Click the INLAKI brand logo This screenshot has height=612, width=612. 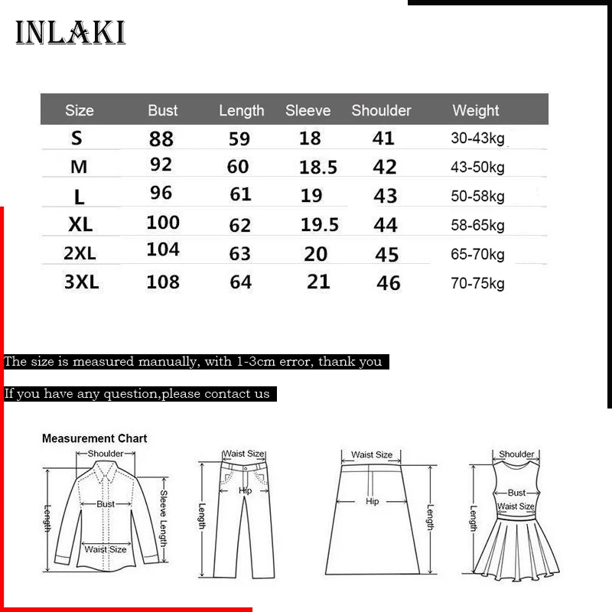[70, 33]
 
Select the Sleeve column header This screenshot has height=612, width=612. [308, 110]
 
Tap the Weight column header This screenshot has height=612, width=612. [475, 110]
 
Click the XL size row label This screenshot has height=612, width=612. [80, 225]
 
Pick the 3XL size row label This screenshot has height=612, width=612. [82, 282]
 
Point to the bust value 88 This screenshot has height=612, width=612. [161, 138]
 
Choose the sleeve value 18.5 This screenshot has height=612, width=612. [318, 168]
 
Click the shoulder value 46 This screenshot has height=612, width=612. [389, 282]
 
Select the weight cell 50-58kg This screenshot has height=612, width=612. [477, 196]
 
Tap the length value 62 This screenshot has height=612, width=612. [240, 225]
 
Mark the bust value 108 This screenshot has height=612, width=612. [163, 282]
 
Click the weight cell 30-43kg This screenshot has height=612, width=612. [477, 138]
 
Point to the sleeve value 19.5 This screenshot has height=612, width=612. [320, 224]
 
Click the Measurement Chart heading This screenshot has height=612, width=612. [94, 438]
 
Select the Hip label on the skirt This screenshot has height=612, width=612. [373, 502]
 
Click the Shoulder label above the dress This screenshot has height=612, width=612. [516, 454]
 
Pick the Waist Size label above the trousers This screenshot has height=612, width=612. [243, 454]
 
